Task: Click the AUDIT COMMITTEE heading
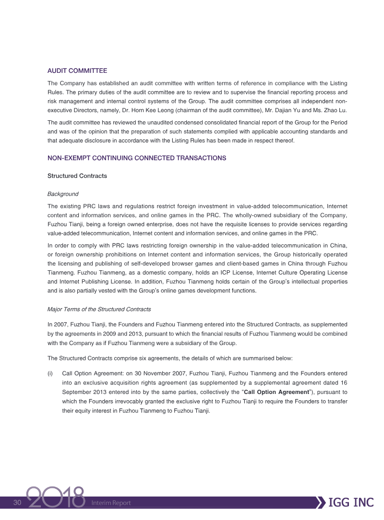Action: (77, 71)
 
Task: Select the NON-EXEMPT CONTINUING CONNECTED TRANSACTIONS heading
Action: (137, 158)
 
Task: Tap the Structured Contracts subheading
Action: (77, 176)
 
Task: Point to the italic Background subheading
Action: (63, 194)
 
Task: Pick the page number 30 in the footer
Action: (18, 502)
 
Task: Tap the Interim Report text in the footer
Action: (111, 503)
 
